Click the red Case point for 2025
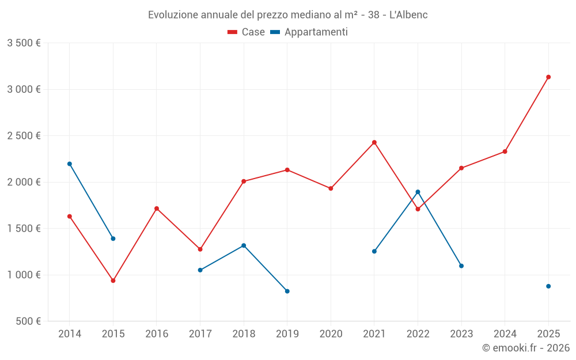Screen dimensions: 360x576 point(548,77)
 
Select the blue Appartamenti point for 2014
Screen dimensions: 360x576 point(70,164)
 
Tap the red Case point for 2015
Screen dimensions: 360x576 point(113,281)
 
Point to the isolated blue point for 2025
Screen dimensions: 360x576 point(548,286)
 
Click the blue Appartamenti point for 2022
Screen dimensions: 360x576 point(418,192)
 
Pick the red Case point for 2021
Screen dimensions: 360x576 point(374,142)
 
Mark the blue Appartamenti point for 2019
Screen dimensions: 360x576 point(287,291)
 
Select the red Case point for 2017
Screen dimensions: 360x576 point(200,249)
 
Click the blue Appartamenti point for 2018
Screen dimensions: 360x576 point(244,245)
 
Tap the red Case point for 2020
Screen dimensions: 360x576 point(331,188)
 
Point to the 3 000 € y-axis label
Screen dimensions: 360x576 point(24,89)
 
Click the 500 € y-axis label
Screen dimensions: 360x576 point(28,321)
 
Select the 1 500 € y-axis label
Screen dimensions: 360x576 point(24,229)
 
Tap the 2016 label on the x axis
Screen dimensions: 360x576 point(157,334)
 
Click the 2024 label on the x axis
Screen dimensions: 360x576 point(505,334)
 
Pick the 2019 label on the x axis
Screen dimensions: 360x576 point(287,334)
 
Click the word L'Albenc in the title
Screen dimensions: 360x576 point(408,14)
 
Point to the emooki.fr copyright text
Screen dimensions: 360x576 point(526,348)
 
